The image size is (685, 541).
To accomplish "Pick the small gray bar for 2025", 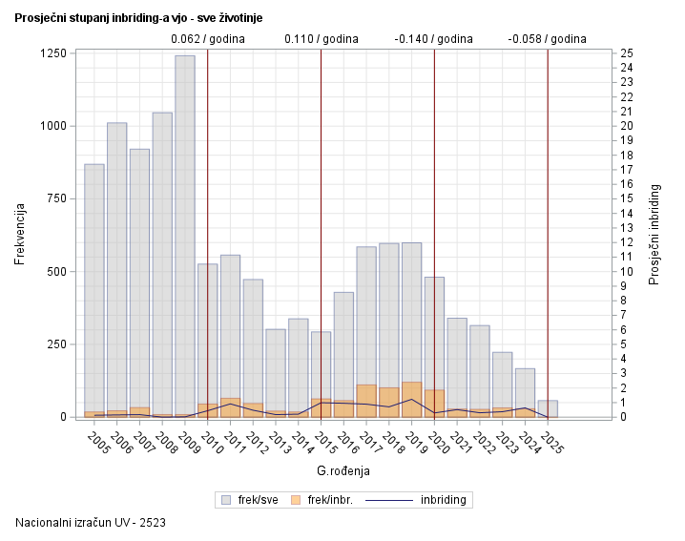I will pyautogui.click(x=548, y=407).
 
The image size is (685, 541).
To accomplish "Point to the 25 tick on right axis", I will pyautogui.click(x=626, y=53).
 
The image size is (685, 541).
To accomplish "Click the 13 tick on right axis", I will pyautogui.click(x=626, y=228).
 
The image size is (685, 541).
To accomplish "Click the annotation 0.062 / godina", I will pyautogui.click(x=208, y=39).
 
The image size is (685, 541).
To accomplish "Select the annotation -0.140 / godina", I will pyautogui.click(x=434, y=39).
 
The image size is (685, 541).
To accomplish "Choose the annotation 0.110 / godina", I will pyautogui.click(x=322, y=39).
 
